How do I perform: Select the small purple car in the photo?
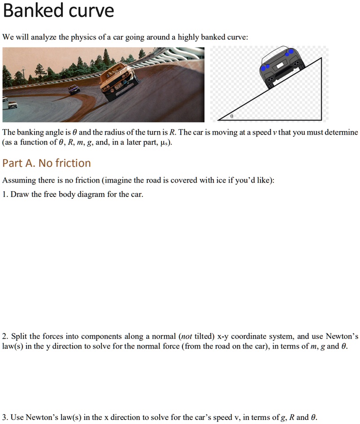74,89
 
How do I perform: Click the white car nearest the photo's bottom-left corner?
12,105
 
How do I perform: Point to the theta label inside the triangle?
231,116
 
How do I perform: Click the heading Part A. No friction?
47,163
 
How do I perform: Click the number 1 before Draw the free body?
4,194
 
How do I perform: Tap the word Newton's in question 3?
40,417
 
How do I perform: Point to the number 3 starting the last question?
4,417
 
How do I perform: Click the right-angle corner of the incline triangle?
321,120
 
